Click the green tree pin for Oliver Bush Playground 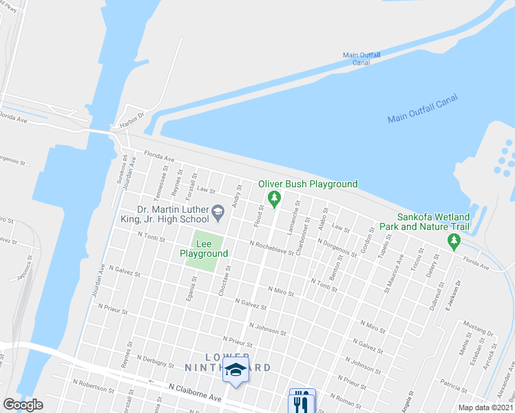point(274,200)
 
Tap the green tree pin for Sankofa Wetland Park point(453,241)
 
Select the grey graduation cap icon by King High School point(218,211)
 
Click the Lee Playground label point(203,248)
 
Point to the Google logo point(23,404)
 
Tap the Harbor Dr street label point(132,115)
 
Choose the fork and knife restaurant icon point(302,401)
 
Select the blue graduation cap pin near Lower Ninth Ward point(235,369)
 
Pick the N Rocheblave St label point(271,248)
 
